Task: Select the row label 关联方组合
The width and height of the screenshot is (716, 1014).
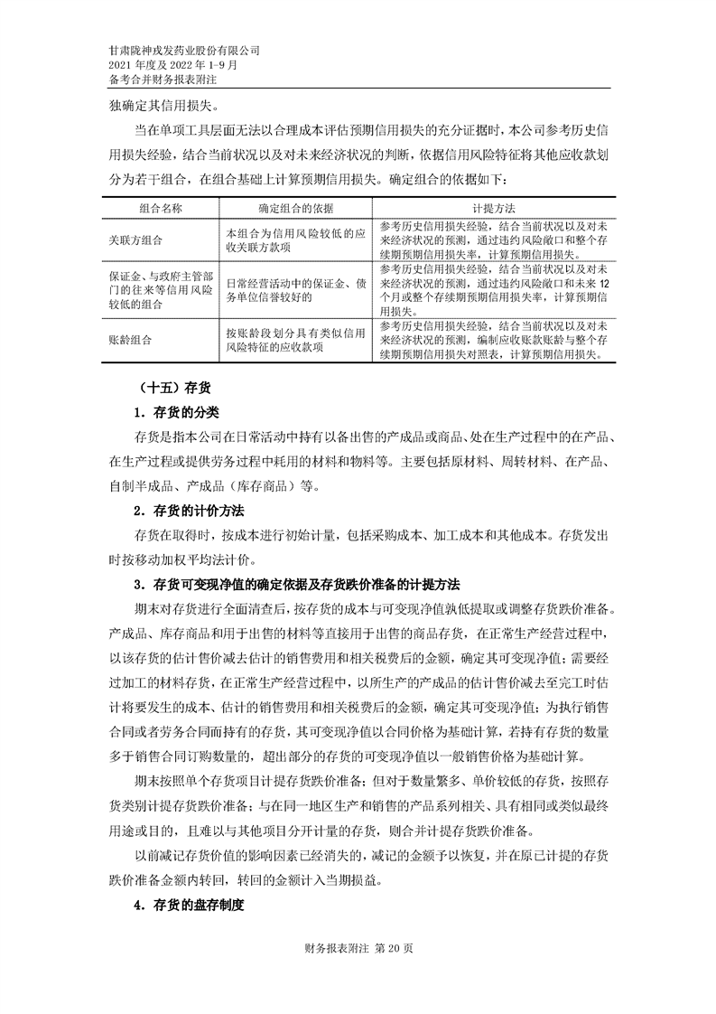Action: click(x=135, y=239)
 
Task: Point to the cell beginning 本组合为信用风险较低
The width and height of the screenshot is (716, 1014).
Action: click(x=295, y=239)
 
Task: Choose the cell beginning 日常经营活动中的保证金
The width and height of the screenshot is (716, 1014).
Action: click(x=295, y=289)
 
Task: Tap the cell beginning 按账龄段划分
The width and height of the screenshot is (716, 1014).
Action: click(x=295, y=340)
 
